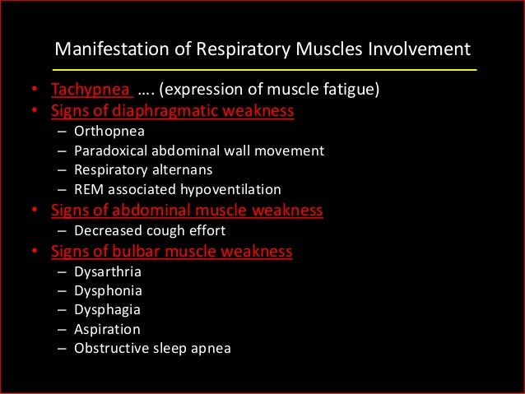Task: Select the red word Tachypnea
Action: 84,90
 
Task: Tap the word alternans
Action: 181,170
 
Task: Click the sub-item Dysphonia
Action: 108,290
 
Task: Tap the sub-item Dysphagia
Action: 107,309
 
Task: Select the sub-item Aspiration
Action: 107,329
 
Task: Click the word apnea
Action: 211,349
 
